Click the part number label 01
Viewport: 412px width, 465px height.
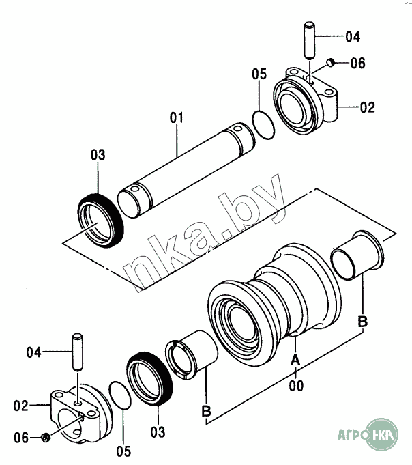click(x=177, y=117)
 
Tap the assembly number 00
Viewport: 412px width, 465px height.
click(x=296, y=386)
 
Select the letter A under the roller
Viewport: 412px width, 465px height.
click(x=295, y=361)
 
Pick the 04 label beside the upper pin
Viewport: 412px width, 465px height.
click(x=353, y=36)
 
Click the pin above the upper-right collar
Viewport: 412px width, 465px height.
click(x=309, y=40)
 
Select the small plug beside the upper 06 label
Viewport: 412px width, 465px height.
click(x=331, y=62)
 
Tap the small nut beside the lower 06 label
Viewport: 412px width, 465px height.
click(x=46, y=438)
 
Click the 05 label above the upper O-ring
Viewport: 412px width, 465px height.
click(x=259, y=74)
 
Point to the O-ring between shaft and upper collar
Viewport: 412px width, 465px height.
click(x=263, y=124)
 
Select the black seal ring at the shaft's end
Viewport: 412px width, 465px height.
click(x=101, y=221)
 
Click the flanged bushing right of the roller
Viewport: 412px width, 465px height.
click(x=357, y=255)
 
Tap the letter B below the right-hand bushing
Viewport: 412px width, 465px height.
click(x=362, y=322)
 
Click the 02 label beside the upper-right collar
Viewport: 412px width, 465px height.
click(x=368, y=107)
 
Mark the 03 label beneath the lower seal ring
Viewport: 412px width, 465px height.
click(x=158, y=432)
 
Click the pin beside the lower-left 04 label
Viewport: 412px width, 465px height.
click(x=78, y=352)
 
